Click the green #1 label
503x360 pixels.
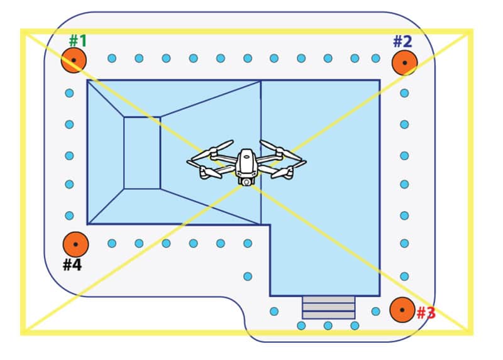coord(78,41)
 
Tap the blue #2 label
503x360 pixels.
coord(402,42)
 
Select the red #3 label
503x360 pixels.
coord(426,313)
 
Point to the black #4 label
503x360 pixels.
coord(72,265)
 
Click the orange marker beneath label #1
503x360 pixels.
coord(74,60)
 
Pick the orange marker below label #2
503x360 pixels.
coord(404,63)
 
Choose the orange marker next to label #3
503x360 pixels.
coord(402,310)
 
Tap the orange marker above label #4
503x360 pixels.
coord(75,244)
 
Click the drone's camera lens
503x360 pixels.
coord(246,181)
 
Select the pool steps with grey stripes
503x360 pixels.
coord(329,307)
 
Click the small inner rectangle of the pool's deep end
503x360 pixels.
coord(141,153)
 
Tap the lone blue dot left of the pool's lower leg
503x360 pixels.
coord(247,276)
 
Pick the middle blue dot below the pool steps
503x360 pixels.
coord(328,325)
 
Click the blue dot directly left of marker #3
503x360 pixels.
coord(375,311)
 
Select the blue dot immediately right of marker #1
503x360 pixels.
coord(111,58)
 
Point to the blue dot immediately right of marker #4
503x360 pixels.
coord(111,243)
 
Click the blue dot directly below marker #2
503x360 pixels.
coord(404,93)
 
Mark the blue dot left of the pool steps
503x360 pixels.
coord(274,311)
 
